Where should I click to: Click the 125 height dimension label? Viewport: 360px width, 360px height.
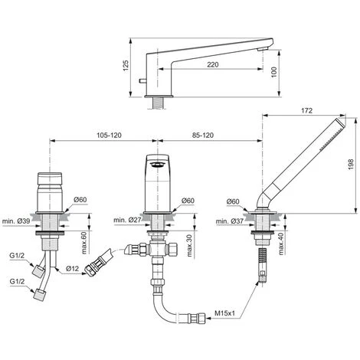pos(126,66)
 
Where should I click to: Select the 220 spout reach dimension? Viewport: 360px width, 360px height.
pos(213,64)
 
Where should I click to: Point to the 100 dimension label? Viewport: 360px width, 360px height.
pos(273,72)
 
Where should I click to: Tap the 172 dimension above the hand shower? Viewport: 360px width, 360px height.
pos(306,110)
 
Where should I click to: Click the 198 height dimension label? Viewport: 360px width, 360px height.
pos(351,165)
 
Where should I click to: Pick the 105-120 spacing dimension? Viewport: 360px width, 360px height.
pos(109,135)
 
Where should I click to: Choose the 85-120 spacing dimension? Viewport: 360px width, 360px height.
pos(203,135)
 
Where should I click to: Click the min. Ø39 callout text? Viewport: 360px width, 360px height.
pos(16,221)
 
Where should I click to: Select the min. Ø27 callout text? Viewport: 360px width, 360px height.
pos(127,220)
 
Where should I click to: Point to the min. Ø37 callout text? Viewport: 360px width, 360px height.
pos(230,221)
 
